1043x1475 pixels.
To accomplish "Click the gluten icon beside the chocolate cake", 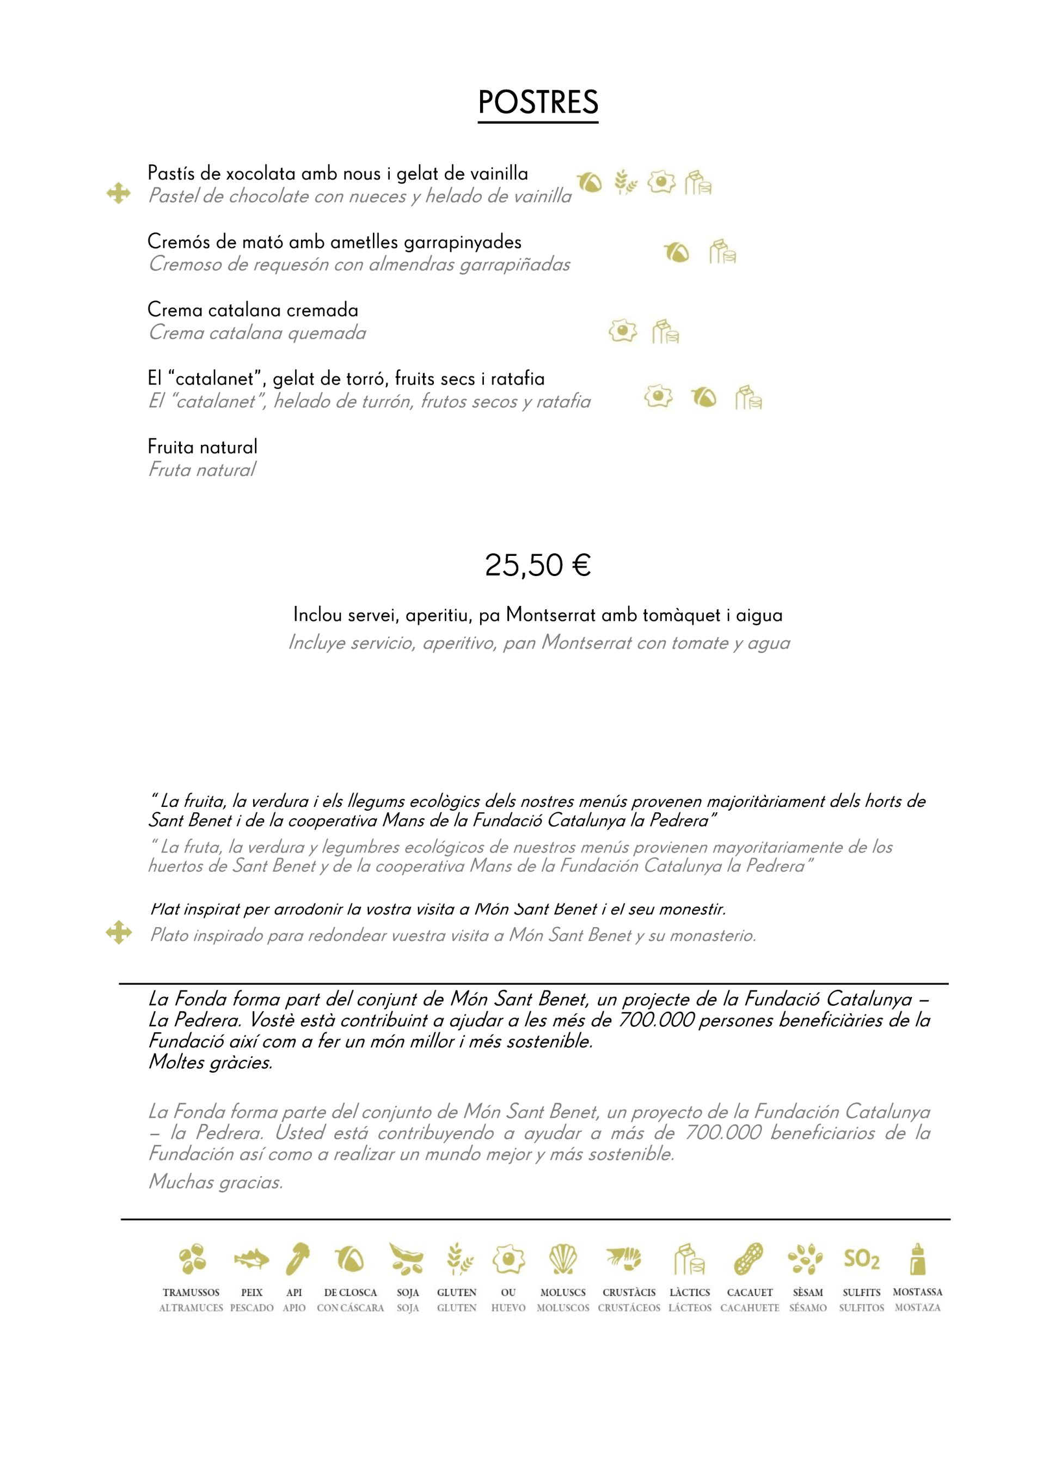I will click(625, 182).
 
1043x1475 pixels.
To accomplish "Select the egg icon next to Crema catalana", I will click(622, 331).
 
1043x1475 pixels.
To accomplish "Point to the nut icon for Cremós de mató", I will click(676, 252).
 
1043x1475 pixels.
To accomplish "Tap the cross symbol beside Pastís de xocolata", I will click(119, 193).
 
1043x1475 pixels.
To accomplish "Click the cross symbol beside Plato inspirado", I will click(119, 932).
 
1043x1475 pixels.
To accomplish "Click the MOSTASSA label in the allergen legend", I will click(917, 1292).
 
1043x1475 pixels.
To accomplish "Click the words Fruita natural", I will click(203, 446).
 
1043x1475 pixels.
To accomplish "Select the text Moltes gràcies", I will click(211, 1063).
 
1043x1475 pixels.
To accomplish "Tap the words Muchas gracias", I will click(216, 1182).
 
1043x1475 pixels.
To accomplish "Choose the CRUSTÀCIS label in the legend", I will click(629, 1293).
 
